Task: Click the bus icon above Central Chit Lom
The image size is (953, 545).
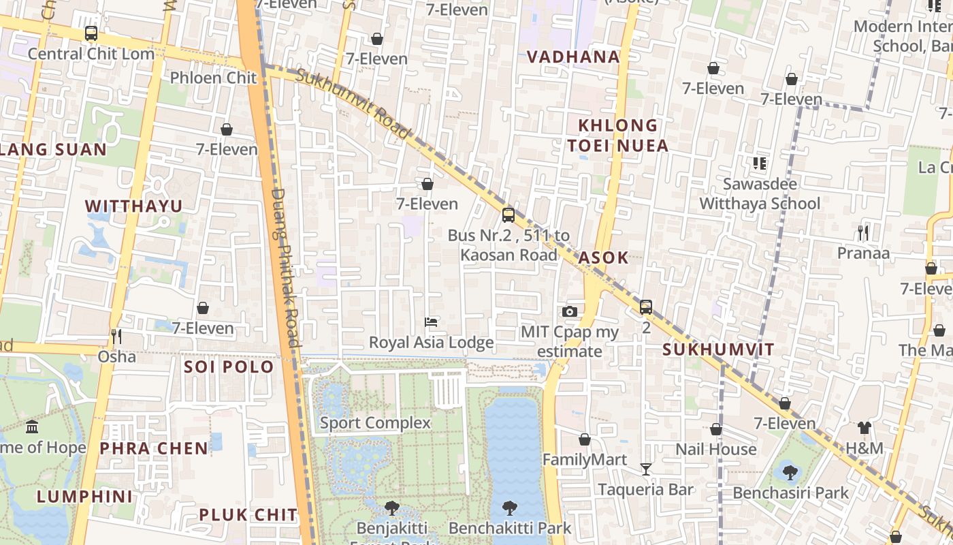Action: click(x=91, y=33)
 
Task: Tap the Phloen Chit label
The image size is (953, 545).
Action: click(x=213, y=78)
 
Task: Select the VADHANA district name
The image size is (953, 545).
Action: click(x=574, y=57)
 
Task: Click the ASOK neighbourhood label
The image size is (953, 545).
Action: click(x=603, y=258)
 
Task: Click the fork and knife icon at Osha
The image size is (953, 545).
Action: click(x=116, y=337)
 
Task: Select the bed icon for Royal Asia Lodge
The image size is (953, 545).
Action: click(x=431, y=322)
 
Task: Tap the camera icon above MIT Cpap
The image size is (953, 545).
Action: click(x=570, y=312)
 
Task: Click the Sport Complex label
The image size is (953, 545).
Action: click(x=375, y=423)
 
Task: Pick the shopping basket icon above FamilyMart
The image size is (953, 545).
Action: click(x=584, y=439)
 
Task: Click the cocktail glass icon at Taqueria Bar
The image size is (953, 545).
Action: click(x=645, y=469)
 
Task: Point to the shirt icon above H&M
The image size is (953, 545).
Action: click(x=864, y=428)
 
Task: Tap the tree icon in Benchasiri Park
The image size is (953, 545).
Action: click(x=790, y=472)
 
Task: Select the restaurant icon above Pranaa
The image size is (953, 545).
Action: click(x=863, y=233)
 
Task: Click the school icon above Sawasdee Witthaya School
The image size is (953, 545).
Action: click(x=760, y=163)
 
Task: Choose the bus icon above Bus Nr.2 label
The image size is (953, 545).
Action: click(x=508, y=215)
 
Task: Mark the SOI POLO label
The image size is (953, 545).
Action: click(x=229, y=367)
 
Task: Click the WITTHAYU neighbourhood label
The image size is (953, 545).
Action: click(x=133, y=206)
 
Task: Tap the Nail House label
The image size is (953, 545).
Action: click(x=715, y=450)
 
